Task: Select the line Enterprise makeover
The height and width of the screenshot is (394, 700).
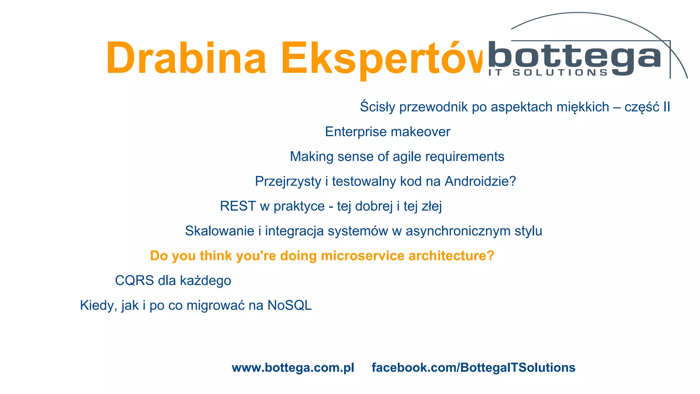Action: tap(388, 132)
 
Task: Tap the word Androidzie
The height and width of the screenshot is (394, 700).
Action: tap(480, 181)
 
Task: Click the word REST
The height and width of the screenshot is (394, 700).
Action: tap(238, 206)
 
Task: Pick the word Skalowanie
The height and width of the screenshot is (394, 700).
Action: tap(219, 231)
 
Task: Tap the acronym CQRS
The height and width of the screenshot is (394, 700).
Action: tap(134, 281)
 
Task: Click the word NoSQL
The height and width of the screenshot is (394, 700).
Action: tap(290, 305)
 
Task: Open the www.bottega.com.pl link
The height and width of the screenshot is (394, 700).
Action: tap(293, 368)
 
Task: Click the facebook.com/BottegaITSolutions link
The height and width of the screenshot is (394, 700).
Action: tap(473, 368)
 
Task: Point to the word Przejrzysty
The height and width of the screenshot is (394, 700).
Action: tap(288, 181)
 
